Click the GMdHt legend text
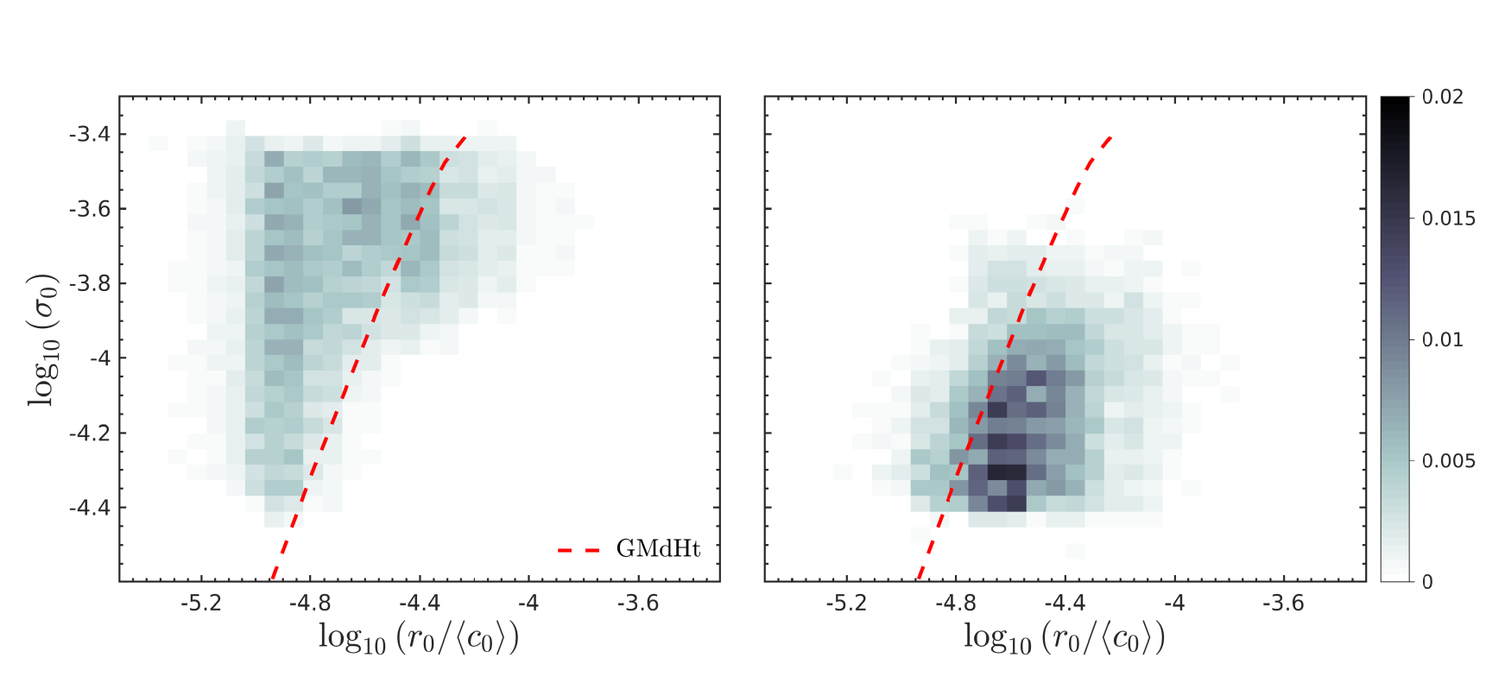click(658, 549)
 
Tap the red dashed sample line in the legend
click(579, 550)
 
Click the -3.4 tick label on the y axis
click(89, 134)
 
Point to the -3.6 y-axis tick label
click(89, 209)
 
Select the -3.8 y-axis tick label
click(89, 283)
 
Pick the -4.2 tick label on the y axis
click(89, 433)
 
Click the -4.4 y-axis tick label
click(89, 508)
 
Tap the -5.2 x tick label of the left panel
click(201, 604)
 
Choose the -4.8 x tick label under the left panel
click(310, 604)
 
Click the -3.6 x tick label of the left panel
click(638, 604)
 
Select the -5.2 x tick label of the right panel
click(846, 604)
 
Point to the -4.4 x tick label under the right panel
click(1065, 604)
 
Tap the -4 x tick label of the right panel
click(1174, 604)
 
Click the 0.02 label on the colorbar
click(1443, 97)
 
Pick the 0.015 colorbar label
click(1449, 218)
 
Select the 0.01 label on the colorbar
click(1443, 339)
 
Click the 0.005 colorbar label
click(1449, 461)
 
